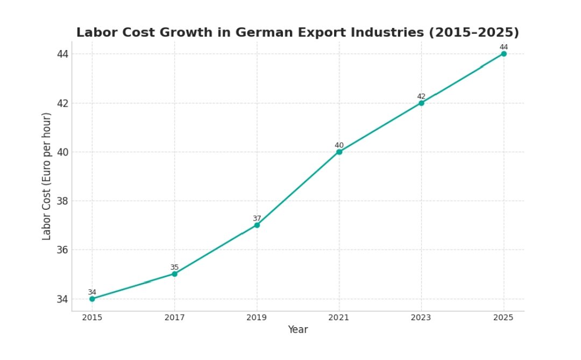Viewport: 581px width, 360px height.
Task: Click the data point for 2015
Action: (92, 299)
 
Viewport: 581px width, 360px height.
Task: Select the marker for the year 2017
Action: (174, 274)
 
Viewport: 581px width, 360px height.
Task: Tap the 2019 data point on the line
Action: (257, 225)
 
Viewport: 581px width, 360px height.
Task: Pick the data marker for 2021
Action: (339, 152)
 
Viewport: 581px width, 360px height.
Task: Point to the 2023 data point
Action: (421, 103)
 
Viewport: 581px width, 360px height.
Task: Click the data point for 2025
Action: (504, 54)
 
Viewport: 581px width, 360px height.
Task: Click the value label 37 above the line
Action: (257, 218)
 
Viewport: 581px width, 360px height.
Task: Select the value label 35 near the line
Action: (174, 267)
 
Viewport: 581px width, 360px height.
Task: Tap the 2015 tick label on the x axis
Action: (92, 318)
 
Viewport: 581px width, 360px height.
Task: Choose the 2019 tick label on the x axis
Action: (257, 318)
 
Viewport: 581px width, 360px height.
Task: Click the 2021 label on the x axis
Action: (339, 318)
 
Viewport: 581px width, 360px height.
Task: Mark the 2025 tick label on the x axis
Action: (504, 318)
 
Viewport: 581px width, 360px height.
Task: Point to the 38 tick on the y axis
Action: (63, 201)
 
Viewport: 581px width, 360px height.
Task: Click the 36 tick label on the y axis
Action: (63, 250)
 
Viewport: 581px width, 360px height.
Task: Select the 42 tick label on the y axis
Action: (63, 103)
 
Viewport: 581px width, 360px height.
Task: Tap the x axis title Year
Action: (297, 330)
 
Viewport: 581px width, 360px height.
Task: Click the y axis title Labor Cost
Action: (47, 177)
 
